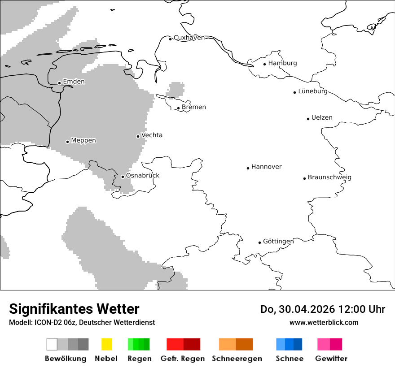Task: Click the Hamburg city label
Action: (x=282, y=63)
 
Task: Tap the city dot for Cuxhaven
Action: (x=171, y=39)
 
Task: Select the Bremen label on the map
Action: (x=194, y=107)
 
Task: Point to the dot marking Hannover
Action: (x=248, y=168)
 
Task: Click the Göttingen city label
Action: (x=278, y=242)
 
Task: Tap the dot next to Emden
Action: (x=59, y=83)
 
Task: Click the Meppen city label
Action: (x=83, y=141)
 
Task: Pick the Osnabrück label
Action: (x=143, y=176)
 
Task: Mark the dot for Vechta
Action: (x=138, y=136)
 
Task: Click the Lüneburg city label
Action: (x=313, y=91)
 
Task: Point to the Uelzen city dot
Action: (x=308, y=119)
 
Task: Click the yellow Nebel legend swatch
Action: (x=106, y=344)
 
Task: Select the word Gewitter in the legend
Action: (x=331, y=359)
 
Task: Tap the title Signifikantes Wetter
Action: (x=74, y=309)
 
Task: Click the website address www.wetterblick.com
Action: (x=324, y=322)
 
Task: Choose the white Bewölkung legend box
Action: (x=52, y=344)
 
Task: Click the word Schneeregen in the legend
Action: (x=237, y=359)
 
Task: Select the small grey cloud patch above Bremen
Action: (x=176, y=89)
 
